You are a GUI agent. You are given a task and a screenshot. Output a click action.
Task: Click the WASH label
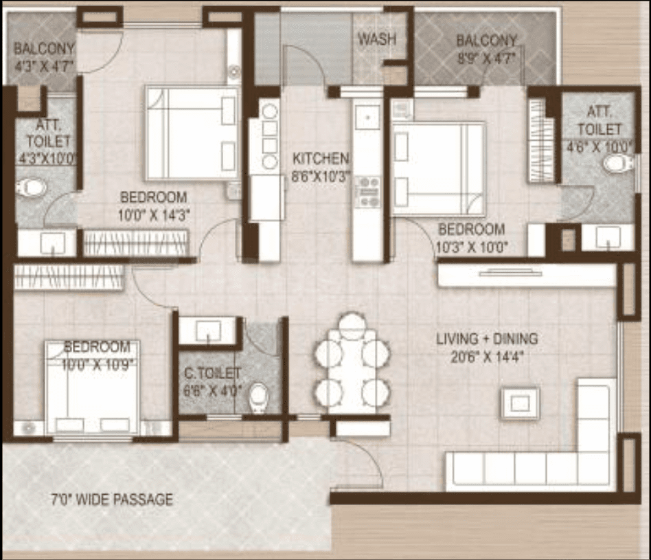click(377, 39)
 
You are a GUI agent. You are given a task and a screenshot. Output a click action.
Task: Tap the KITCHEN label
click(321, 158)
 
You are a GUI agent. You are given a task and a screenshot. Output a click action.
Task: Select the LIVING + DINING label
click(487, 339)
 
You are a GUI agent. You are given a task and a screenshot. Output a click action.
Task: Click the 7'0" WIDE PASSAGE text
click(112, 499)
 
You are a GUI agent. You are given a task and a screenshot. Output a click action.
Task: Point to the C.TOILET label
click(212, 373)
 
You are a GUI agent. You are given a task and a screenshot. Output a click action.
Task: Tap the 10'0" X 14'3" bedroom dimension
click(154, 215)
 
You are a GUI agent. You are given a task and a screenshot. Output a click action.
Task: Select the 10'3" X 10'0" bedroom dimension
click(472, 247)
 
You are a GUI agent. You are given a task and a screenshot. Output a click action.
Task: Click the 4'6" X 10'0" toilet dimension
click(599, 146)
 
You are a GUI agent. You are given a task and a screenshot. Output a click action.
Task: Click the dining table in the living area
click(352, 371)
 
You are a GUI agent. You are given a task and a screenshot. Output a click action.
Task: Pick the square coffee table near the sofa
click(521, 403)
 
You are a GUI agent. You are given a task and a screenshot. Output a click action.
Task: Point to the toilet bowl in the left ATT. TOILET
click(31, 187)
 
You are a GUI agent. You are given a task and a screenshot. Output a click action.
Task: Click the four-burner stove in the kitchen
click(368, 192)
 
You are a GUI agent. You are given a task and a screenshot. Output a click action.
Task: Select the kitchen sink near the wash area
click(367, 116)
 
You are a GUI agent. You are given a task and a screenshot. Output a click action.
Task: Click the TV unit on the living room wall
click(527, 276)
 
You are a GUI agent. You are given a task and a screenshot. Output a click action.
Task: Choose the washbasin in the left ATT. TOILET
click(53, 243)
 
